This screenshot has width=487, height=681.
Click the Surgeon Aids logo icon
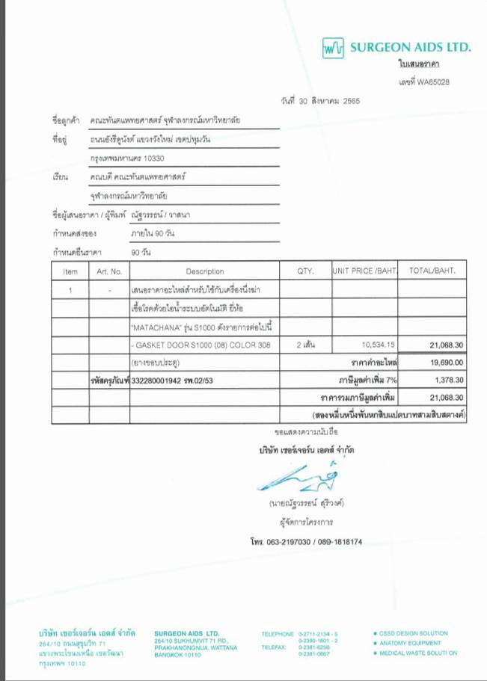click(333, 49)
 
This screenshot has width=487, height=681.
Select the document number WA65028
click(434, 81)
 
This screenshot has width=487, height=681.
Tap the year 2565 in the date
click(351, 100)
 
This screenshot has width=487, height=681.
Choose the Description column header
click(204, 271)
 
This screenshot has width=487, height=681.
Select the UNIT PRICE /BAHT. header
click(365, 271)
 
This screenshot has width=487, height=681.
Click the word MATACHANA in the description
click(156, 327)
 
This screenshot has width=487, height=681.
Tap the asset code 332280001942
click(156, 380)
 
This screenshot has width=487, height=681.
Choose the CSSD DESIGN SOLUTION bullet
click(414, 633)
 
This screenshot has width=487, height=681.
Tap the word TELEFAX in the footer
click(274, 647)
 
